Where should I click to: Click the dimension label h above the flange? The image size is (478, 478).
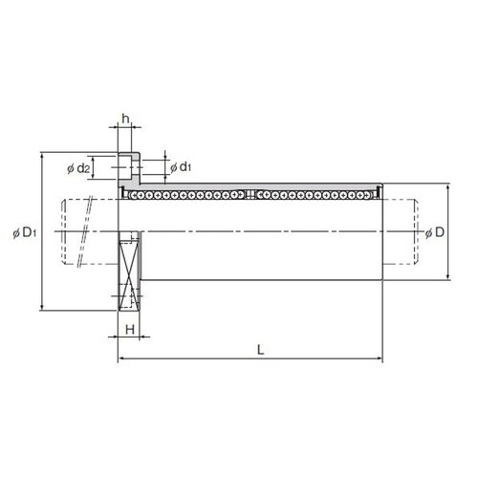[126, 119]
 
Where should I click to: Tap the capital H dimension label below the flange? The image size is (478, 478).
[130, 330]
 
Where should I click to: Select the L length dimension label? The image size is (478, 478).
[261, 350]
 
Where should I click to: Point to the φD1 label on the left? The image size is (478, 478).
[25, 233]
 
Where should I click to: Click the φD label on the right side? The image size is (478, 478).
[435, 232]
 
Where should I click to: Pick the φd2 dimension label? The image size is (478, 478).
[78, 168]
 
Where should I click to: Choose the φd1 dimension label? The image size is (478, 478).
[181, 166]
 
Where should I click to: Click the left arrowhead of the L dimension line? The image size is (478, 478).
[120, 358]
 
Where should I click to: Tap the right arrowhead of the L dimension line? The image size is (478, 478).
[380, 358]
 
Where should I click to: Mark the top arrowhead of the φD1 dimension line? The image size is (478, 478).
[41, 155]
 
